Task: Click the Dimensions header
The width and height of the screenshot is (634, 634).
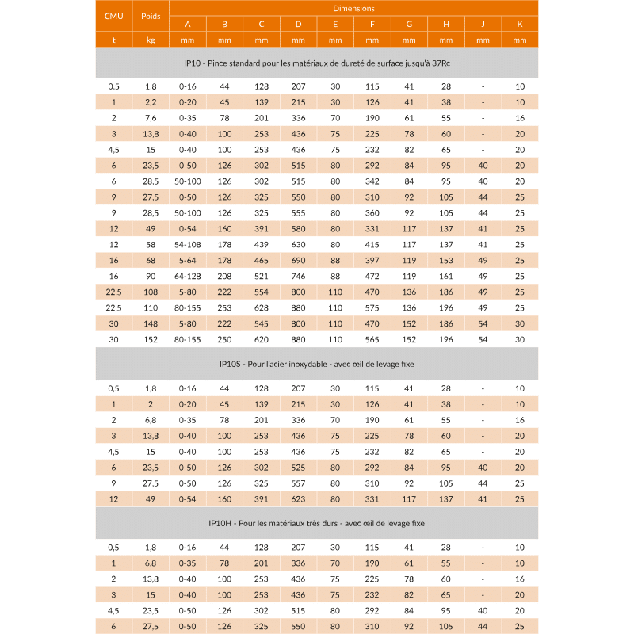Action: click(353, 8)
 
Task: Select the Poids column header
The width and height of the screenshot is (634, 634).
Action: click(151, 16)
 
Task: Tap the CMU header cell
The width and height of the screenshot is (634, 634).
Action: click(113, 16)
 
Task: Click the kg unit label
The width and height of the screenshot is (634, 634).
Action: click(151, 40)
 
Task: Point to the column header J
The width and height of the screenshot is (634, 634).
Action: click(483, 24)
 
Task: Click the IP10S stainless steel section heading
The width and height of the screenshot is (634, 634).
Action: click(317, 364)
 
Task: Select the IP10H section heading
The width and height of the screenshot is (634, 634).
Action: click(317, 523)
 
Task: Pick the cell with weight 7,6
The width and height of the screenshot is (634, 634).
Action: click(151, 117)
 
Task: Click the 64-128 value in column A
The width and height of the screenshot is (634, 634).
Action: click(188, 276)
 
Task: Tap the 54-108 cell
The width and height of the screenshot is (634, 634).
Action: click(188, 244)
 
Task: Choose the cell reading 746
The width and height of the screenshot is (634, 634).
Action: click(298, 276)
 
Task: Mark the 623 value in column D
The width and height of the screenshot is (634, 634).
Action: click(298, 499)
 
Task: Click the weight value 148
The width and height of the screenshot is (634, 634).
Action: click(151, 323)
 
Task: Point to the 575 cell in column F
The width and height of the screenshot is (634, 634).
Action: click(372, 307)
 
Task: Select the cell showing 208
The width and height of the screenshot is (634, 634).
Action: click(224, 276)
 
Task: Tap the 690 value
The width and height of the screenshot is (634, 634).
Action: click(298, 260)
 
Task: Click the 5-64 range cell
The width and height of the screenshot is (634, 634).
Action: click(188, 260)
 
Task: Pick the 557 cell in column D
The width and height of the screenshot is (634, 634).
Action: click(298, 483)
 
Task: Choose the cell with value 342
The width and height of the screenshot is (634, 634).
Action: click(372, 181)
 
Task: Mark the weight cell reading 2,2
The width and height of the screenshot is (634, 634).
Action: click(151, 101)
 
